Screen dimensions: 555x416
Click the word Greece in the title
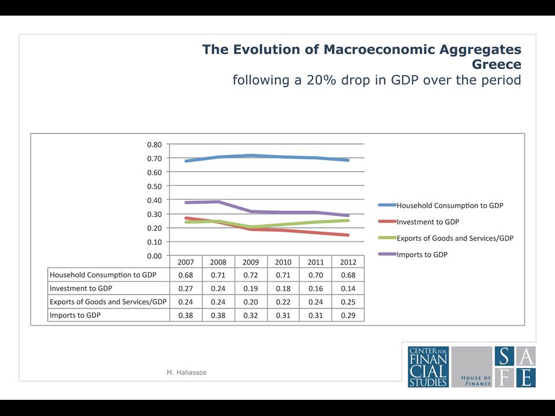point(496,64)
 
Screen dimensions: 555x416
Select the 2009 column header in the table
point(250,262)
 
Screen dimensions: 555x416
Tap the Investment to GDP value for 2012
point(348,289)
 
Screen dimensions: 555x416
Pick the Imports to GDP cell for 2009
point(250,315)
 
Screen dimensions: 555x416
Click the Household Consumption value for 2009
point(250,275)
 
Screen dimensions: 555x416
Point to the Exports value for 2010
point(283,302)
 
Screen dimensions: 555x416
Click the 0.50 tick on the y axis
point(154,187)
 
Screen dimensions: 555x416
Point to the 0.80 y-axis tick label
point(154,144)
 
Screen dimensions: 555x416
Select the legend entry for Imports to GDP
point(422,255)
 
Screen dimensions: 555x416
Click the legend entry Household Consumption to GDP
point(450,206)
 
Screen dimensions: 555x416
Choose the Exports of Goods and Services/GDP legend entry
point(455,239)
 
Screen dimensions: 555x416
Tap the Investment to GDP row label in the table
point(81,289)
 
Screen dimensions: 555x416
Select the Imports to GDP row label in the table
point(75,315)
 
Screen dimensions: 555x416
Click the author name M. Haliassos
point(187,373)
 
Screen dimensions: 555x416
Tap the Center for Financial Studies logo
point(428,367)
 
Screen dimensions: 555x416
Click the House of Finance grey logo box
point(472,367)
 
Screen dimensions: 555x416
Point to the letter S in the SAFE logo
point(505,356)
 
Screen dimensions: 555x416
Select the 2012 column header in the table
point(348,262)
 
